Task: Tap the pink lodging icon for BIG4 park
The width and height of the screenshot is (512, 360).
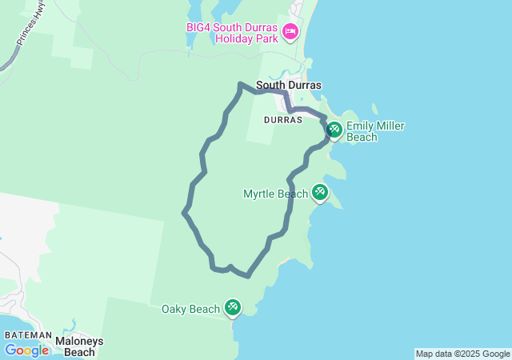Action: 290,32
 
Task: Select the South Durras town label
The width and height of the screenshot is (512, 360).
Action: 288,85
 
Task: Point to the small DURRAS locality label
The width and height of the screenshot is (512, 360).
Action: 282,119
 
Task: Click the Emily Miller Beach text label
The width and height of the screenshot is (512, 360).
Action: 374,131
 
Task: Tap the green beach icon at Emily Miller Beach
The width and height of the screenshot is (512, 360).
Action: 334,130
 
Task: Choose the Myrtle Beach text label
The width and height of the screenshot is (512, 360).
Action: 275,194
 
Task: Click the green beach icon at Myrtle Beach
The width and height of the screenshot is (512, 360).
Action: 320,192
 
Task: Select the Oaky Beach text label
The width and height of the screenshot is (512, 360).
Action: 190,309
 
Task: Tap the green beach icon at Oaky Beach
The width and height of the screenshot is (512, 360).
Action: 232,306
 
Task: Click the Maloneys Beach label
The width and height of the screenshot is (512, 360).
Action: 79,346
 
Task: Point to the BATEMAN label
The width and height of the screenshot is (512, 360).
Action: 28,335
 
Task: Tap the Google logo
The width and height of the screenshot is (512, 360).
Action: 26,350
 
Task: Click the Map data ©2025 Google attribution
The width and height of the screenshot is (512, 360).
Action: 462,354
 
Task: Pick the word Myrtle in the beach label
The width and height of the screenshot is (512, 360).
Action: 259,194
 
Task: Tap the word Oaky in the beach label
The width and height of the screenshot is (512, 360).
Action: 175,309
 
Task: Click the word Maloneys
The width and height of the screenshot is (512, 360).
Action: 79,341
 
